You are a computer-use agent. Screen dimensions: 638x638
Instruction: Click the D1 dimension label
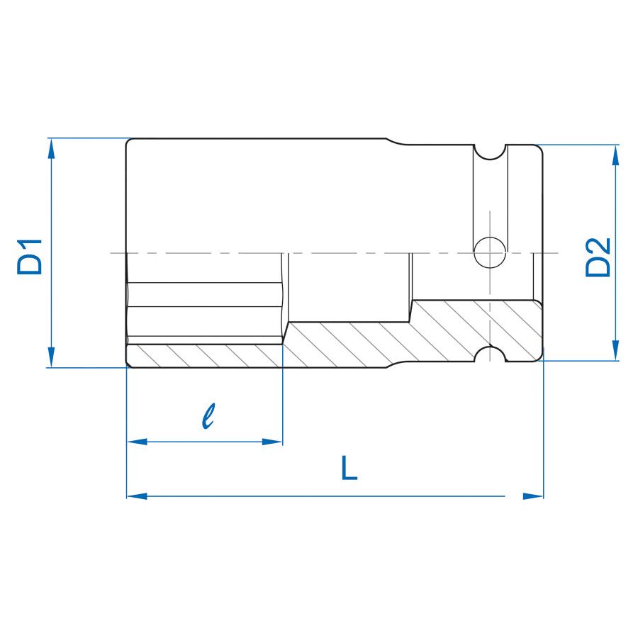[x=31, y=257]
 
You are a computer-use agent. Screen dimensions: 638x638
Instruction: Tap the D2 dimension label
[x=598, y=257]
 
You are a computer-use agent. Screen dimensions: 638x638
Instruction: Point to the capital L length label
[x=349, y=469]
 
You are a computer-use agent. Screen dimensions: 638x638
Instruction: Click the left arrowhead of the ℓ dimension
[x=137, y=442]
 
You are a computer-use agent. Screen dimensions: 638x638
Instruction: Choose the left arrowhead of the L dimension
[x=137, y=496]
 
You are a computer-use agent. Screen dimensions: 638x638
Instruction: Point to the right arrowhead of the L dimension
[x=533, y=496]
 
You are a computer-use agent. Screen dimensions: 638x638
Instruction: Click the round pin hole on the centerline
[x=490, y=252]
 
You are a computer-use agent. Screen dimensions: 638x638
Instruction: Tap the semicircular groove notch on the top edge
[x=490, y=151]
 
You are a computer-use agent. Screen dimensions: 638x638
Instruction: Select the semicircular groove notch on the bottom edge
[x=490, y=355]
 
